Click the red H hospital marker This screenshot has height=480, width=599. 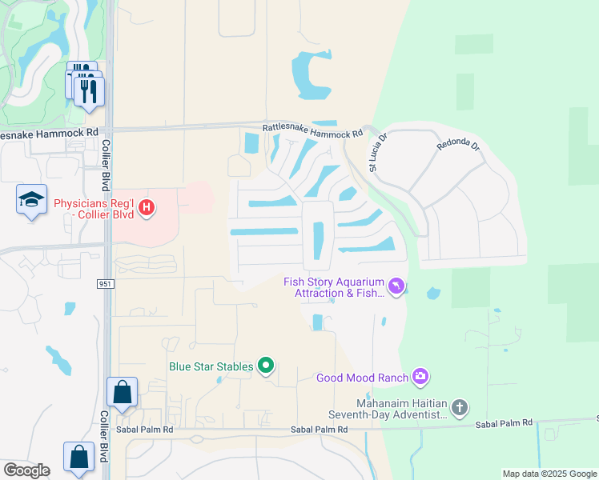[146, 209]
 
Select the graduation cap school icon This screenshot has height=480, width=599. [31, 199]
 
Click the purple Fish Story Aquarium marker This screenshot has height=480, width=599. [396, 286]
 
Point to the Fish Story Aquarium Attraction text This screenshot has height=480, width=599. [334, 287]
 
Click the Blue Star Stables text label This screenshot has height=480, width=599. [211, 367]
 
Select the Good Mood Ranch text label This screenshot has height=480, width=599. [362, 377]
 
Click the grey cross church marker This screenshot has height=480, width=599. [460, 409]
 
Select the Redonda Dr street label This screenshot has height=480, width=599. [460, 146]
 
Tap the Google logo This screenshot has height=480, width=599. [26, 470]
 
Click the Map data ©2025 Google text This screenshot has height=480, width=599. [549, 474]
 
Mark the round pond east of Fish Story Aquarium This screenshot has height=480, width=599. [433, 294]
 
